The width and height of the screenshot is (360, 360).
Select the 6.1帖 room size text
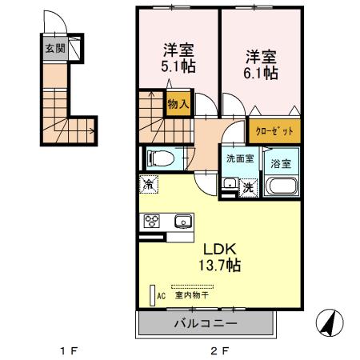coord(261,73)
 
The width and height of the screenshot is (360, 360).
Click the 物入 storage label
coord(178,104)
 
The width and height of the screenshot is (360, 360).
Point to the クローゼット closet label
coord(273,130)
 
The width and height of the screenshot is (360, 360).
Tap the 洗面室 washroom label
coord(239,158)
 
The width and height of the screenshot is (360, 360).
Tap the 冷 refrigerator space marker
coord(149,184)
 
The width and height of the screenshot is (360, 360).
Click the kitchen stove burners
coord(152,222)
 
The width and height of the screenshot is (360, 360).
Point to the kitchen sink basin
coord(182,221)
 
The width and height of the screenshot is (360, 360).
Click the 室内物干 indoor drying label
coord(192,295)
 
